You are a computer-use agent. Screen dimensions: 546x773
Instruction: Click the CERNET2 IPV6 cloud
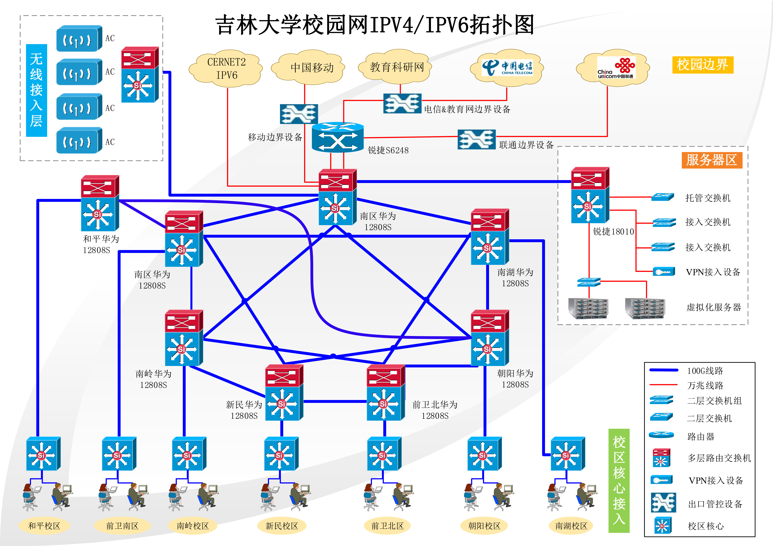tap(226, 69)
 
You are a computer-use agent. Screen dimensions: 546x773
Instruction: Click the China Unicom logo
tap(615, 68)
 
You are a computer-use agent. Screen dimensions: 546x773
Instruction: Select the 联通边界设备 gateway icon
tap(476, 139)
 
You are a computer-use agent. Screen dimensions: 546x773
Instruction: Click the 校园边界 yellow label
tap(703, 65)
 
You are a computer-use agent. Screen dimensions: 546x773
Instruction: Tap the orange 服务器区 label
tap(712, 160)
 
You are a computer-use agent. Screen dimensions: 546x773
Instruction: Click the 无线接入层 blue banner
tap(36, 90)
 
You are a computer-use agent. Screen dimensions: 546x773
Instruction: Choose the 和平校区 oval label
tap(44, 526)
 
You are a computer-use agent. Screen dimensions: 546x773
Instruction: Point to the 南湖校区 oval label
tap(571, 526)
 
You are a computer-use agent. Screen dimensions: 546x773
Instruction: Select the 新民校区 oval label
tap(282, 526)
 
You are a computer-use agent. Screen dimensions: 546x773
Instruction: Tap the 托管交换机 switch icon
tap(663, 197)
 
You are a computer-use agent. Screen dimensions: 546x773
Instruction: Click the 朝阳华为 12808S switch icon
tap(489, 338)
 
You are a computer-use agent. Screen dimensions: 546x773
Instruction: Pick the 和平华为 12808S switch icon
tap(100, 203)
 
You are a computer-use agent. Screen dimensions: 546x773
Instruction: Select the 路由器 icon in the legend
tap(661, 435)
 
